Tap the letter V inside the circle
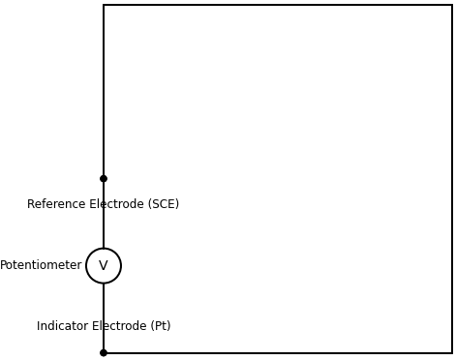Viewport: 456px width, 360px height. click(104, 266)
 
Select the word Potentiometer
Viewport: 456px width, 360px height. click(41, 265)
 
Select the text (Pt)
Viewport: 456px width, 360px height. click(160, 326)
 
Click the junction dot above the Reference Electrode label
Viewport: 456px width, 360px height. click(104, 179)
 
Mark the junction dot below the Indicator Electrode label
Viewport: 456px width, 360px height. click(104, 353)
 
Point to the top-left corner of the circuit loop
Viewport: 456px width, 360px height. click(104, 5)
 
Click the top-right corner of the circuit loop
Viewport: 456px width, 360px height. click(452, 5)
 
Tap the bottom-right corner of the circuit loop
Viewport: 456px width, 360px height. click(452, 353)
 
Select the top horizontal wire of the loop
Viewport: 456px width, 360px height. click(278, 5)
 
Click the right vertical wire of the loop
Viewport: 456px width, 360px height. click(452, 179)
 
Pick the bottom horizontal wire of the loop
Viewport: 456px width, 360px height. click(278, 353)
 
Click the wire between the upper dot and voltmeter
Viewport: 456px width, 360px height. click(104, 232)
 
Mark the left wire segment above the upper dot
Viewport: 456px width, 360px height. click(104, 92)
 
